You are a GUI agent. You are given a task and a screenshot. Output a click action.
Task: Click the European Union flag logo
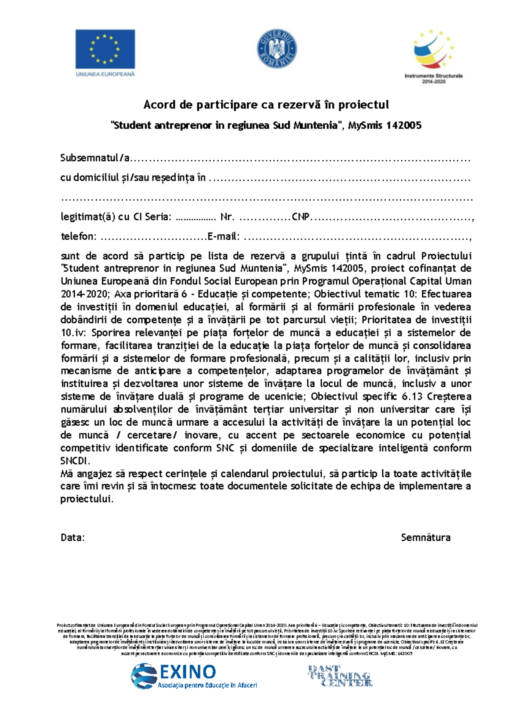click(105, 49)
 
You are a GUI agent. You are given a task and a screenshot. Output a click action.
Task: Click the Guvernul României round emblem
click(277, 49)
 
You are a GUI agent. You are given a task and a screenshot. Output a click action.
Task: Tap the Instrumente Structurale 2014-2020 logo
click(433, 56)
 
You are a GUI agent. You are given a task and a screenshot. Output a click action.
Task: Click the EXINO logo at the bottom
click(194, 676)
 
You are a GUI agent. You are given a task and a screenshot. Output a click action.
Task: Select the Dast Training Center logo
click(340, 676)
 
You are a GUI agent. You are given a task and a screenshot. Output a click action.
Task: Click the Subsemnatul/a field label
click(95, 158)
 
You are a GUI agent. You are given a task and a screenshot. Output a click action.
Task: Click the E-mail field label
click(224, 236)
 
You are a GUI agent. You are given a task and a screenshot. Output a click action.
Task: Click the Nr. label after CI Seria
click(227, 217)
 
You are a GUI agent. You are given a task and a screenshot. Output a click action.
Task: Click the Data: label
click(73, 537)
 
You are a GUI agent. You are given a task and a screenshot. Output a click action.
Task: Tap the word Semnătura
click(425, 537)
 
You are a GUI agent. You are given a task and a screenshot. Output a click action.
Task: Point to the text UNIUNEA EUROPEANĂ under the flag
click(105, 74)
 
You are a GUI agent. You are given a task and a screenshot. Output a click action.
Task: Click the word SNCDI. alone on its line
click(75, 460)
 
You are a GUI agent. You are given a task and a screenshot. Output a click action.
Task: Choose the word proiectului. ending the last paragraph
click(87, 499)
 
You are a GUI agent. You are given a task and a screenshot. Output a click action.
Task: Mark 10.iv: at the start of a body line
click(73, 332)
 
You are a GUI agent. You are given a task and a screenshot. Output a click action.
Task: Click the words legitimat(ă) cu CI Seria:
click(116, 217)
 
